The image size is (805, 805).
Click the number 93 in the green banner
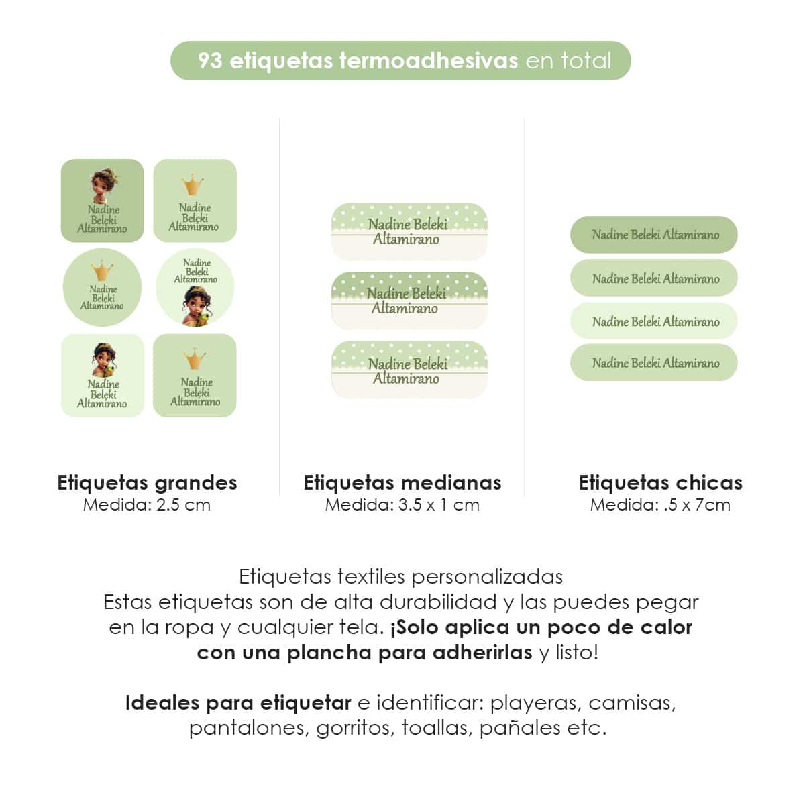[209, 61]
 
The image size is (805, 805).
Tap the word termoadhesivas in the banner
[429, 61]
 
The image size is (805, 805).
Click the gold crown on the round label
[102, 271]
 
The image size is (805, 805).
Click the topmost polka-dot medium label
[409, 231]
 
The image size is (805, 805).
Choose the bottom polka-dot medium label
[409, 370]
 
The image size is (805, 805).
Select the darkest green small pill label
[653, 235]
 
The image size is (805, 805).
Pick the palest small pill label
[653, 321]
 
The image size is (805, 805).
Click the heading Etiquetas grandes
[147, 482]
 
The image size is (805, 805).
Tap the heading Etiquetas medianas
[402, 482]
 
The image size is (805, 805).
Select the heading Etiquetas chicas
[660, 482]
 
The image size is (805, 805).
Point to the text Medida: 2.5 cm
[147, 505]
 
